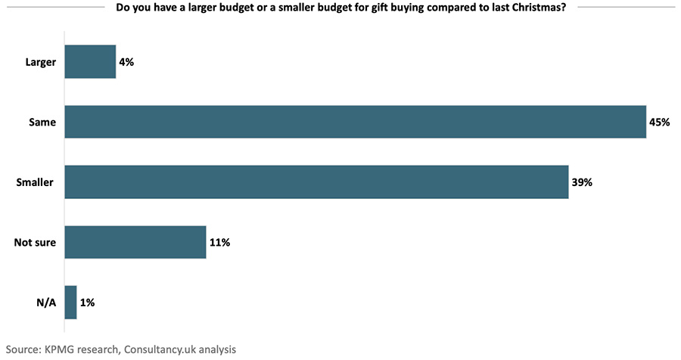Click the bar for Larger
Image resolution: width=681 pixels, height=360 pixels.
90,62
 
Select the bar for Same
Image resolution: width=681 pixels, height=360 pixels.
356,122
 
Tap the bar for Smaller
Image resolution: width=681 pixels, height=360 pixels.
316,182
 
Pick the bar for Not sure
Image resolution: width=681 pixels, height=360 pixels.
135,242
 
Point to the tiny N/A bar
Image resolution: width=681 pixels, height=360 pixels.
71,303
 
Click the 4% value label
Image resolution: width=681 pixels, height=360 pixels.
126,62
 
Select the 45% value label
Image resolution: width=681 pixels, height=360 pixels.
660,122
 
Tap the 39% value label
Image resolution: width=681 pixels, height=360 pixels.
582,182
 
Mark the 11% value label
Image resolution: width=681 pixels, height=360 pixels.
219,243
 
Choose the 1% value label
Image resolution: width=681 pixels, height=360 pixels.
87,303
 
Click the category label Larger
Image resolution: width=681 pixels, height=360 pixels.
39,62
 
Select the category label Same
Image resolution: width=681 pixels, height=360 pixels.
42,122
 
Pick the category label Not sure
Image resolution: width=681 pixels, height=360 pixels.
35,243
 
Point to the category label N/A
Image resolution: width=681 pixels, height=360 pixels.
45,303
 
